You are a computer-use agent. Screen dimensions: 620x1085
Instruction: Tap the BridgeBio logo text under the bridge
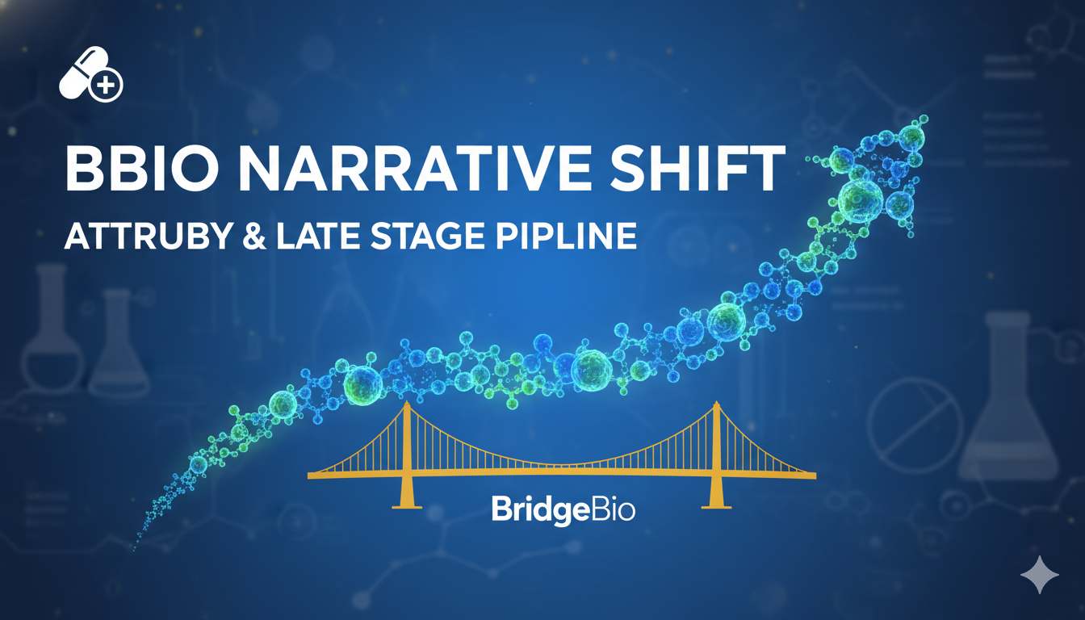click(x=563, y=511)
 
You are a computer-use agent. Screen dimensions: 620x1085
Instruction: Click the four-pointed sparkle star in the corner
click(x=1039, y=575)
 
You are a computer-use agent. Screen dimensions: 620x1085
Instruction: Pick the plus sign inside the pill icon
click(x=105, y=84)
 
